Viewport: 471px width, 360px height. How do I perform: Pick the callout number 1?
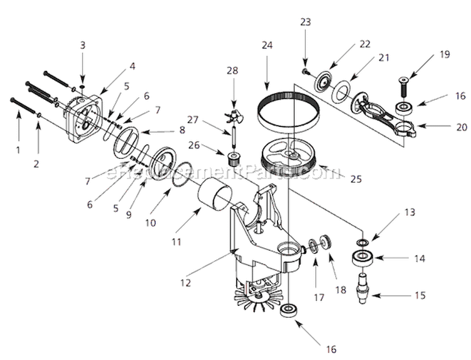pos(18,150)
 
